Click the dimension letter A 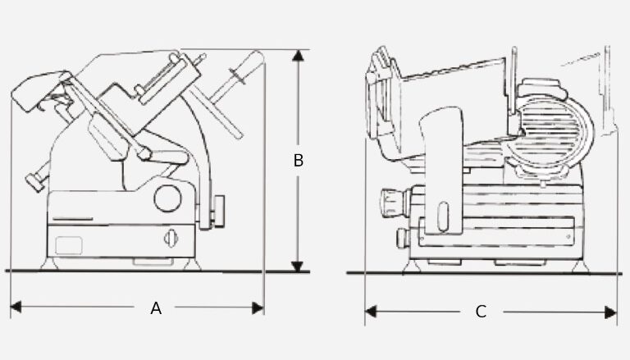(x=156, y=308)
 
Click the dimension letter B (x=298, y=160)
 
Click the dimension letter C (x=481, y=312)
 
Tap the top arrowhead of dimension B (x=298, y=55)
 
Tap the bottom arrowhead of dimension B (x=297, y=267)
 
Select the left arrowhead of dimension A (x=16, y=308)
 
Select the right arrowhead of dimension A (x=258, y=308)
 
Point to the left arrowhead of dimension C (x=371, y=312)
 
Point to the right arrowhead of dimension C (x=610, y=312)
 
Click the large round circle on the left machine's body (x=167, y=198)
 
